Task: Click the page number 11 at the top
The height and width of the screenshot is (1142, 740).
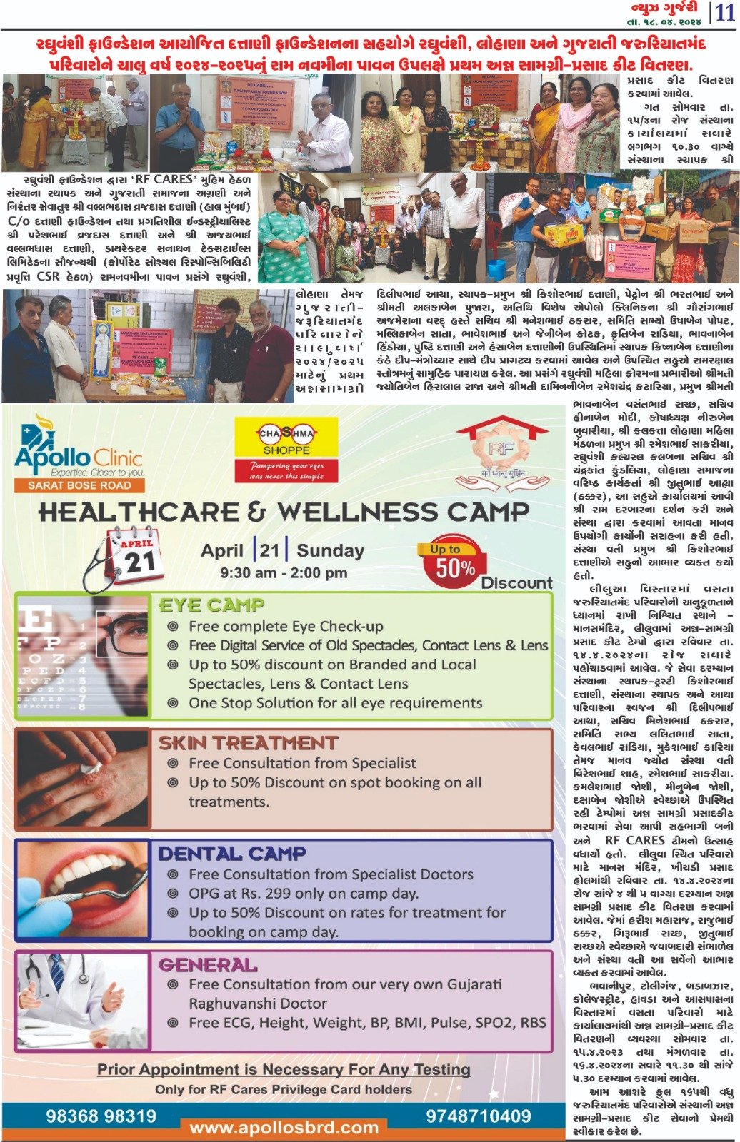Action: click(x=726, y=13)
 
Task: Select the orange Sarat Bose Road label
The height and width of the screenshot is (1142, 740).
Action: click(x=79, y=485)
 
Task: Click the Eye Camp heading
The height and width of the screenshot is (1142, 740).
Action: click(x=211, y=605)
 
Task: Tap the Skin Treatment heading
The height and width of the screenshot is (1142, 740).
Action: click(x=248, y=743)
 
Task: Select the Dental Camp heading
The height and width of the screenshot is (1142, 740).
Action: click(x=231, y=854)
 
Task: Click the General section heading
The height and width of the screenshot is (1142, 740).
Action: click(x=208, y=965)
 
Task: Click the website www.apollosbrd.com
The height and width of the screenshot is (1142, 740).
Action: click(x=284, y=1128)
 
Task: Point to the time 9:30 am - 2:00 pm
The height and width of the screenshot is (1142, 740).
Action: click(x=274, y=572)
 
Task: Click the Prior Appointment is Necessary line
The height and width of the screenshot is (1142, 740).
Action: click(x=284, y=1069)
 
